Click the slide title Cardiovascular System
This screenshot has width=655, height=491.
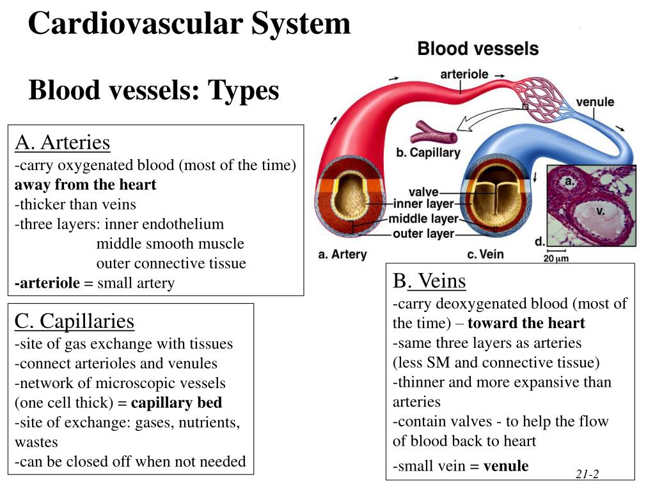pyautogui.click(x=189, y=24)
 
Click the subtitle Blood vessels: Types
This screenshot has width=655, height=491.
pyautogui.click(x=154, y=90)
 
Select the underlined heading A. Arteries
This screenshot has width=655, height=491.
pyautogui.click(x=63, y=143)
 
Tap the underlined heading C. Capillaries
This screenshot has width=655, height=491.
pyautogui.click(x=74, y=320)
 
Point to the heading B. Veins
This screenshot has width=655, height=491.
pyautogui.click(x=429, y=281)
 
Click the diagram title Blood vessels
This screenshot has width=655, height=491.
pyautogui.click(x=478, y=49)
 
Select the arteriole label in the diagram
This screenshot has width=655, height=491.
pyautogui.click(x=464, y=75)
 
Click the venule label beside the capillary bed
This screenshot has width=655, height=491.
pyautogui.click(x=595, y=102)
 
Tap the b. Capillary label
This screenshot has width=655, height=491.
pyautogui.click(x=428, y=153)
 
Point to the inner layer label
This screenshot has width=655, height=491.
pyautogui.click(x=423, y=205)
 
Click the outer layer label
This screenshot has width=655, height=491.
pyautogui.click(x=423, y=234)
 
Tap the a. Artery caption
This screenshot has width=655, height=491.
pyautogui.click(x=342, y=254)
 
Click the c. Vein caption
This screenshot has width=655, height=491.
pyautogui.click(x=485, y=254)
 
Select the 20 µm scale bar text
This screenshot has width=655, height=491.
pyautogui.click(x=556, y=258)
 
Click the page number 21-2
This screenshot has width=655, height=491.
pyautogui.click(x=587, y=474)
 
